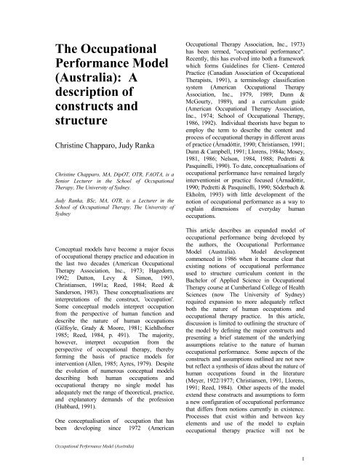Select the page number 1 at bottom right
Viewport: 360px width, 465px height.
[x=340, y=456]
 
